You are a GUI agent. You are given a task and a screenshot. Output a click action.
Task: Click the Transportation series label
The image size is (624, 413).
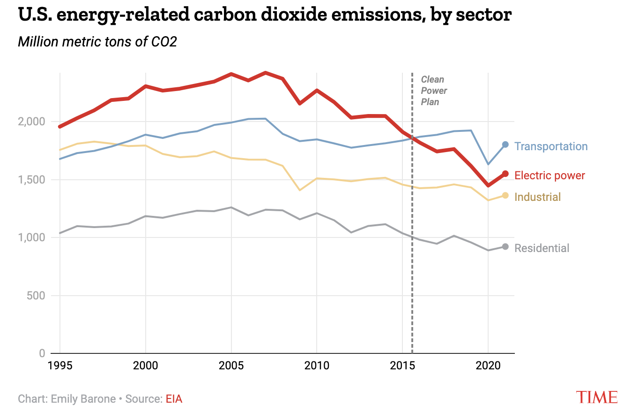(550, 146)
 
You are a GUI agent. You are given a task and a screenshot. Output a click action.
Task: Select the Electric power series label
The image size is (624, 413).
(550, 176)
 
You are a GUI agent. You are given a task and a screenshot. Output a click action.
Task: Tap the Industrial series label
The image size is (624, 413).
(537, 197)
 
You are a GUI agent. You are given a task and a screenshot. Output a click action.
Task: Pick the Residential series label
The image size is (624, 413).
(542, 248)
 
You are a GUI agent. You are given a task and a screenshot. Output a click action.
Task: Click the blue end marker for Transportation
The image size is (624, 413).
(505, 145)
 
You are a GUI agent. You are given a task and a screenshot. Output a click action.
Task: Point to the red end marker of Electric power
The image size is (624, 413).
(505, 174)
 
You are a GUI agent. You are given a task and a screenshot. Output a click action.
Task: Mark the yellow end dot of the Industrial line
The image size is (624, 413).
(505, 195)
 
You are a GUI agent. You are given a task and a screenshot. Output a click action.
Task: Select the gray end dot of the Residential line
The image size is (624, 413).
(505, 247)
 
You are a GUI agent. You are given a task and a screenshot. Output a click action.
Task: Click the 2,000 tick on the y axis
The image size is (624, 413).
(31, 122)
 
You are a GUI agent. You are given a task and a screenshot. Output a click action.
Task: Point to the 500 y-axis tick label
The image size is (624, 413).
(37, 296)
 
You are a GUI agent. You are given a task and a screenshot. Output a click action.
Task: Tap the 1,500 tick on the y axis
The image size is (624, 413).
(31, 180)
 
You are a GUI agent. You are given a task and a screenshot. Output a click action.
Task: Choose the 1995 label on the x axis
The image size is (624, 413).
(60, 366)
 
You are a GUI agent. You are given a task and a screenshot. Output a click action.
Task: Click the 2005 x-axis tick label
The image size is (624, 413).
(231, 366)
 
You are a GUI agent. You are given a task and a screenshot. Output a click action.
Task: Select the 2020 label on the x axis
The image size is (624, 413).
(488, 366)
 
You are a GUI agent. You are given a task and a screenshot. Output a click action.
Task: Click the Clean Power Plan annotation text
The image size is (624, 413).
(434, 91)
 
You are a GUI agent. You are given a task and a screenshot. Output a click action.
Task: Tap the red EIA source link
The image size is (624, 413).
(174, 399)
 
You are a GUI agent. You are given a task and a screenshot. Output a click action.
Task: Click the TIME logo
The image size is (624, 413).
(597, 397)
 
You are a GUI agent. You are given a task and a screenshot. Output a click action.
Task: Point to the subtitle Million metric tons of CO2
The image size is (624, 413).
(97, 42)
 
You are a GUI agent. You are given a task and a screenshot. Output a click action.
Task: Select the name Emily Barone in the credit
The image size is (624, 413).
(83, 399)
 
